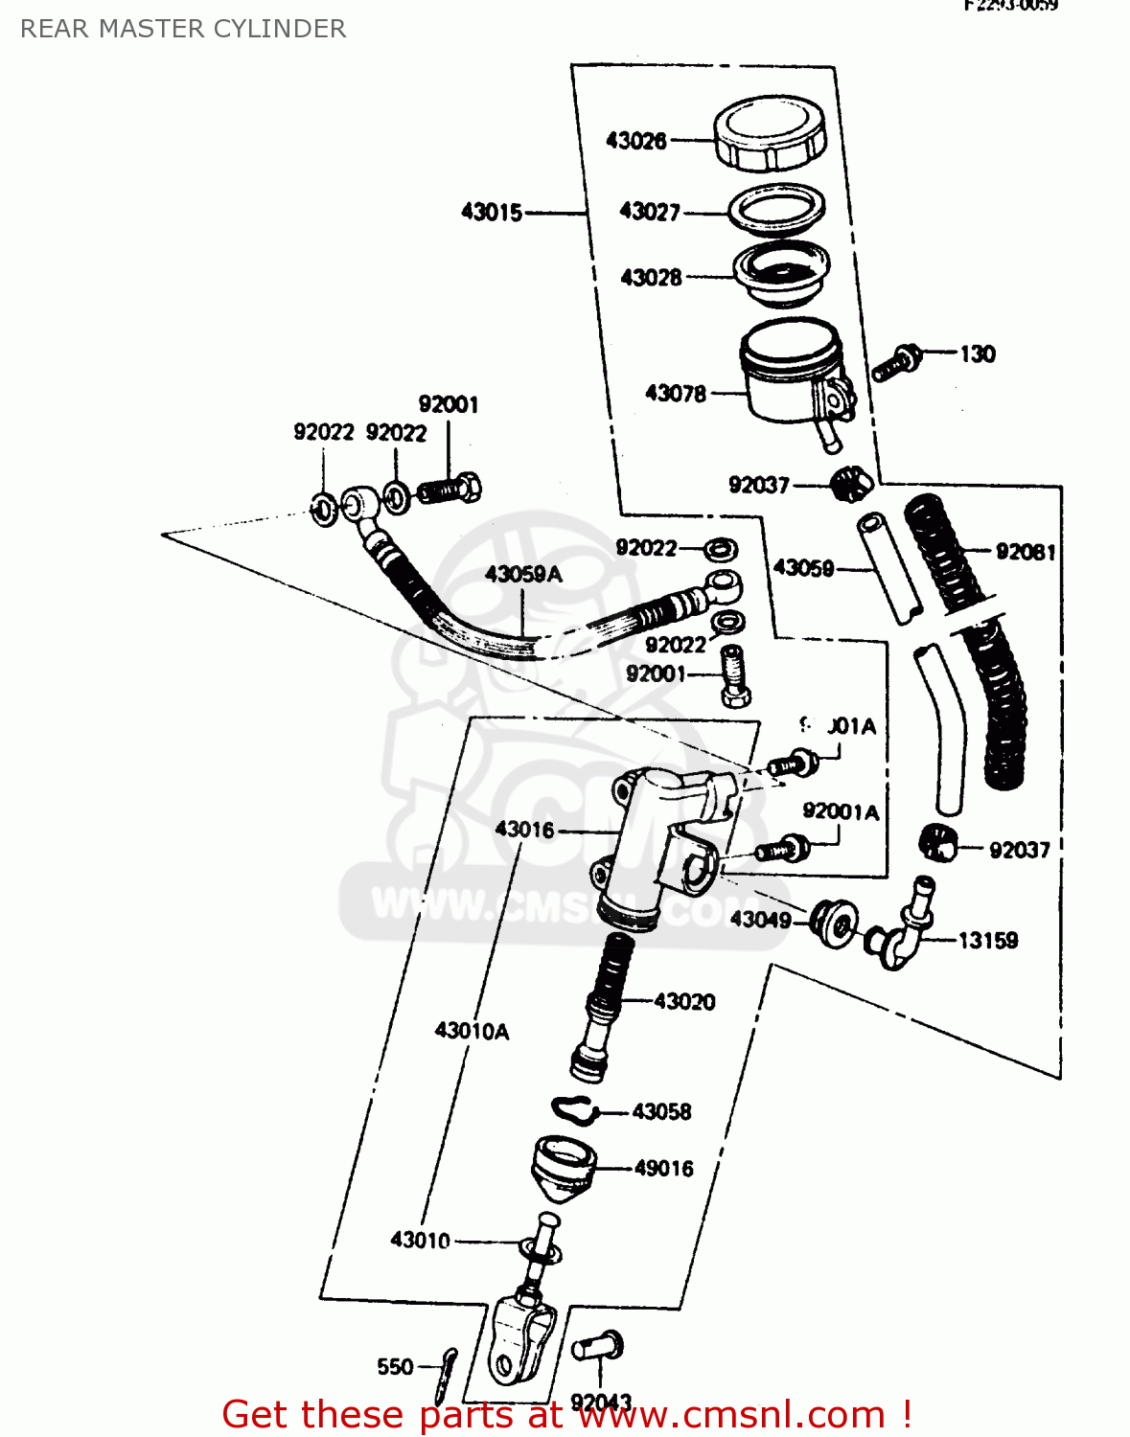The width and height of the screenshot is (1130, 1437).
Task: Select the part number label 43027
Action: coord(649,212)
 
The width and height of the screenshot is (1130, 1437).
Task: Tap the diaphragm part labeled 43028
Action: coord(781,272)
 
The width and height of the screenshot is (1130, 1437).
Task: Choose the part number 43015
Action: coord(492,212)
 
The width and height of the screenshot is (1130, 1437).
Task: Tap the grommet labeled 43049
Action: coord(831,923)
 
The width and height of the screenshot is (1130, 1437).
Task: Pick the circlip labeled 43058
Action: coord(575,1109)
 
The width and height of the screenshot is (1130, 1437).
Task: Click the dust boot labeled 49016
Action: coord(564,1167)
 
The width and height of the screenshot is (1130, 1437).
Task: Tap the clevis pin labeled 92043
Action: coord(599,1348)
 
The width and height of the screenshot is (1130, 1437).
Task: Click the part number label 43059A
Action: coord(523,574)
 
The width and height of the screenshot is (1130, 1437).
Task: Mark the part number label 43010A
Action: coord(472,1031)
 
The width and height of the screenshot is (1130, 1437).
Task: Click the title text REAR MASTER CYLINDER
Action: coord(183,29)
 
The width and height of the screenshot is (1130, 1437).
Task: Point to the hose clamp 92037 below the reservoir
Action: coord(850,482)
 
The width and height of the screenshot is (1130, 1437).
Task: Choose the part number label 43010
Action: coord(420,1240)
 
